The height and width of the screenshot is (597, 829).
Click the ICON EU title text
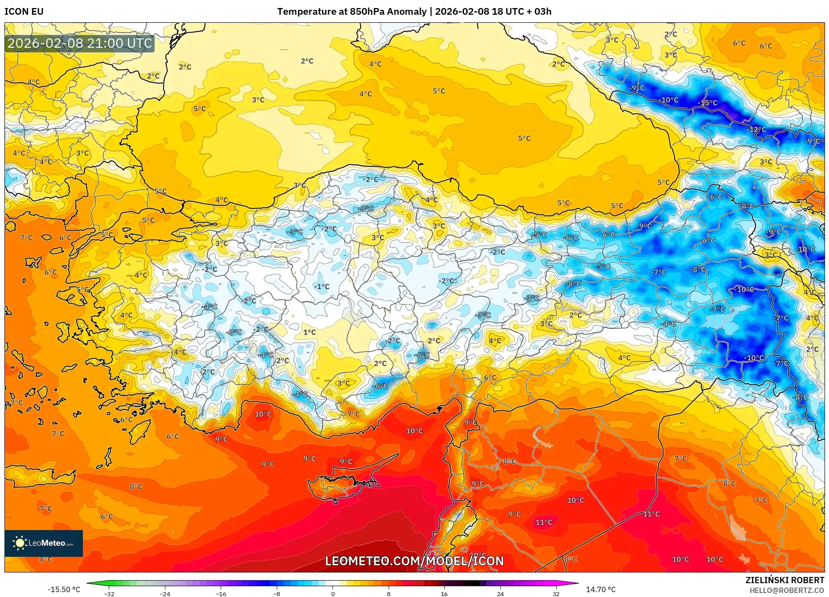point(24,12)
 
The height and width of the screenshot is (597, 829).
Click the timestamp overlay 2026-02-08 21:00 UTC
point(80,43)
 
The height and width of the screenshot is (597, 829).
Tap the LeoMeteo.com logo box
point(44,543)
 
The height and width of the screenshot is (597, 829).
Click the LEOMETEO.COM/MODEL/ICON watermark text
point(414,561)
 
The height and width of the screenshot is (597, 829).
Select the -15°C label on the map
point(707,103)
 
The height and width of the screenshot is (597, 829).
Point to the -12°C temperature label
point(756,130)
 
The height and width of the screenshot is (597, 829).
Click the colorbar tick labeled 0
point(332,593)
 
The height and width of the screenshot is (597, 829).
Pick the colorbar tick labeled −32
point(109,593)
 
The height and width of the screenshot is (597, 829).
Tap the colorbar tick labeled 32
point(556,593)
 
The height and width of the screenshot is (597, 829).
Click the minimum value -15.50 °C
point(64,589)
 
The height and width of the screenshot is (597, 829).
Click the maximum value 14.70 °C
point(601,589)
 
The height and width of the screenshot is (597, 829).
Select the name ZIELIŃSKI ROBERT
point(784,580)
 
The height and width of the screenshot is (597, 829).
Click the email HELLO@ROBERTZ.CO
point(786,590)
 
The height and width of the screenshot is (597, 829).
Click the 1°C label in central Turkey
point(309,332)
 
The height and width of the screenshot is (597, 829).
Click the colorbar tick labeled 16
point(444,593)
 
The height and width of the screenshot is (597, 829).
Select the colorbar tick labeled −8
point(277,593)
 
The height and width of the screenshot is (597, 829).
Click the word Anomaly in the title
point(406,12)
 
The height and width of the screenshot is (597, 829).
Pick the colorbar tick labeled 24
point(500,593)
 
